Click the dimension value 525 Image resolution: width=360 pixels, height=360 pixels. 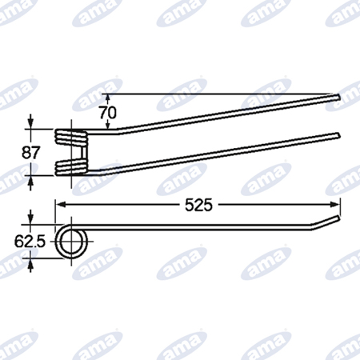point(198,205)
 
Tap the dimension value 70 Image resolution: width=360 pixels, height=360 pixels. point(108,113)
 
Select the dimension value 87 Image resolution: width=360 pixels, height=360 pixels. point(31,153)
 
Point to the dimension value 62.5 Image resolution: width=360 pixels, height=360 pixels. point(30,242)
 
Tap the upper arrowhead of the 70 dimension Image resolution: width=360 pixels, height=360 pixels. point(107,98)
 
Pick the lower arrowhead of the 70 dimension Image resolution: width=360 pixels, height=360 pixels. point(107,126)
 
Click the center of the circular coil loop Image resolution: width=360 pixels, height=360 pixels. point(71,242)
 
